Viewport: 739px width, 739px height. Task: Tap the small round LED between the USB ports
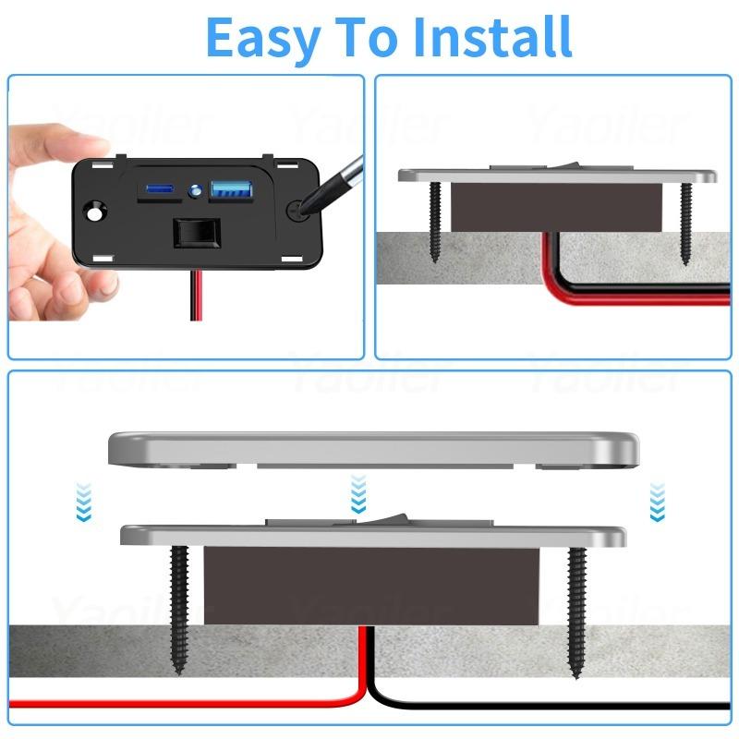tap(195, 192)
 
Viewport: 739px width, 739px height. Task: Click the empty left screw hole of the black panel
tap(94, 212)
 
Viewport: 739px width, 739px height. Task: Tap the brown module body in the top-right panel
tap(554, 206)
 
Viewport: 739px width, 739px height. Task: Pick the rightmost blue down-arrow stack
tap(658, 501)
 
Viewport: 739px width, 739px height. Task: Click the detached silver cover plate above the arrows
tap(369, 449)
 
